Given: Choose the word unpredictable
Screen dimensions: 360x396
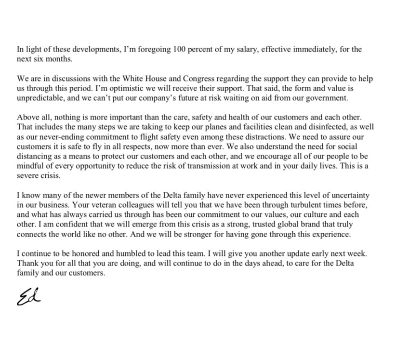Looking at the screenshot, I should click(x=42, y=98).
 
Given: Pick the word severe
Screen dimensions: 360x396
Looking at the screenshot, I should click(x=28, y=175).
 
